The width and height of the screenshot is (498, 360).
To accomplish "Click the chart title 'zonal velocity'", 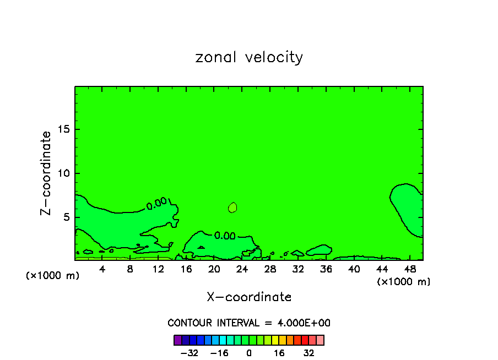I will click(249, 57).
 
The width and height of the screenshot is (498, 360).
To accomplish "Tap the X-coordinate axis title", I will click(249, 297).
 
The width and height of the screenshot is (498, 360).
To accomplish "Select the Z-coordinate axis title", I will click(46, 173).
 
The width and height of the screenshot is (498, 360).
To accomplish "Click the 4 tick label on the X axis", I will click(102, 269).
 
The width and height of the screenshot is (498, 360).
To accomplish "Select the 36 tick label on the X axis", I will click(326, 269).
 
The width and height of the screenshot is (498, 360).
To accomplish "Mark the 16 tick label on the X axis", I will click(186, 269).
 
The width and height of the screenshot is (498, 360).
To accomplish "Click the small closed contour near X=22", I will click(232, 208).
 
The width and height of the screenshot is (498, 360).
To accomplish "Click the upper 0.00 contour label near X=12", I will click(156, 204).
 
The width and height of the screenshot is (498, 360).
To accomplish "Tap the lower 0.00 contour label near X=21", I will click(225, 236).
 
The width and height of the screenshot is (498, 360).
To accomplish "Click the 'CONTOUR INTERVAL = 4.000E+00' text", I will click(249, 323).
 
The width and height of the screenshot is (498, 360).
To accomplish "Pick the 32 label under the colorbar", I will click(308, 353).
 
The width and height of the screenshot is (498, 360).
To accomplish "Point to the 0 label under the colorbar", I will click(249, 353).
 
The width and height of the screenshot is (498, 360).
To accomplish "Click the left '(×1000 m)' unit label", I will click(53, 276).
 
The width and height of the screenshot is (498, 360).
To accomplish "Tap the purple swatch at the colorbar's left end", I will click(177, 340).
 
